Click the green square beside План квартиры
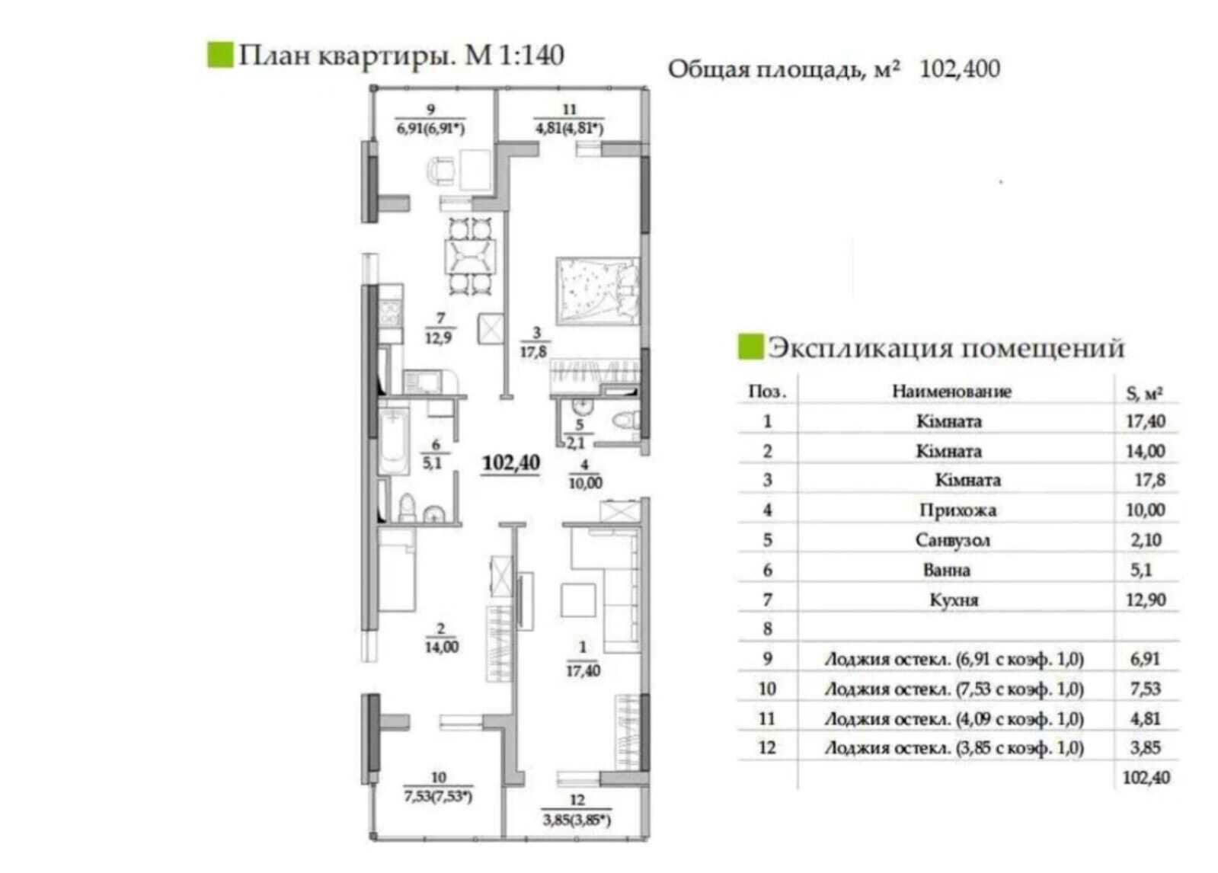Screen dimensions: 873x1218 pyautogui.click(x=219, y=55)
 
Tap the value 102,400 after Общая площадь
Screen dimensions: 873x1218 pyautogui.click(x=960, y=69)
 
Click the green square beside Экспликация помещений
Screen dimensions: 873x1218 pyautogui.click(x=750, y=347)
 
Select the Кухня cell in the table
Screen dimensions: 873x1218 pyautogui.click(x=954, y=600)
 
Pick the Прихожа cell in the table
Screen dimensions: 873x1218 pyautogui.click(x=957, y=510)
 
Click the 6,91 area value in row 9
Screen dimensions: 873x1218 pyautogui.click(x=1145, y=659)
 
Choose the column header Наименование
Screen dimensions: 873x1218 pyautogui.click(x=951, y=392)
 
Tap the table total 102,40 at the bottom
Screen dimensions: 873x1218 pyautogui.click(x=1146, y=778)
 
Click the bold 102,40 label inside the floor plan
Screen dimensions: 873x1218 pyautogui.click(x=511, y=462)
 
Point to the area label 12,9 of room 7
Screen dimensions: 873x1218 pyautogui.click(x=438, y=337)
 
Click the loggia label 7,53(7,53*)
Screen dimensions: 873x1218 pyautogui.click(x=438, y=797)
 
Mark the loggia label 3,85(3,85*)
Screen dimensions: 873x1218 pyautogui.click(x=577, y=820)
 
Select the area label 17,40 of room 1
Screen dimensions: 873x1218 pyautogui.click(x=583, y=670)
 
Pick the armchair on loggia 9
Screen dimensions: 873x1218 pyautogui.click(x=442, y=170)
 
